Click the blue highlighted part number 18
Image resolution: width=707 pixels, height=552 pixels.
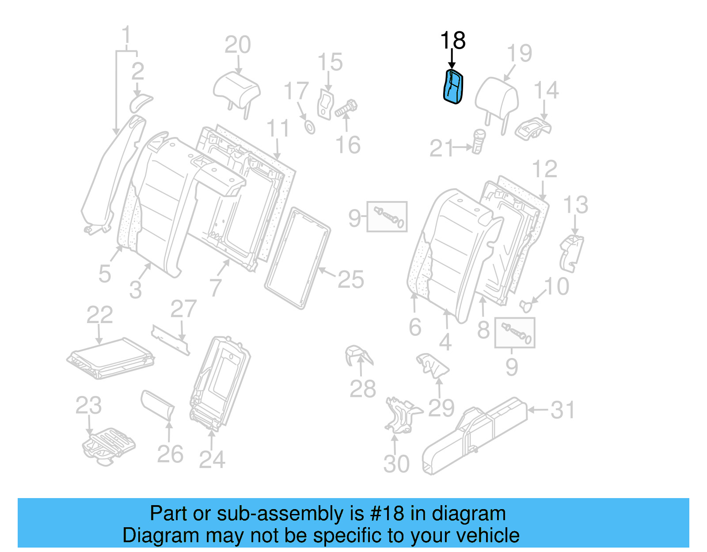click(453, 87)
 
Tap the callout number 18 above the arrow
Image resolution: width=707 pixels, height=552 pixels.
click(453, 41)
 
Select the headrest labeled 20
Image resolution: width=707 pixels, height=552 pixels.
click(236, 88)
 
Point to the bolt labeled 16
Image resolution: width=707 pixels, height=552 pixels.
click(346, 108)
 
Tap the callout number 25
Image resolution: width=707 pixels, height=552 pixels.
click(351, 279)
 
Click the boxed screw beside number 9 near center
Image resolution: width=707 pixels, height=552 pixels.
click(388, 217)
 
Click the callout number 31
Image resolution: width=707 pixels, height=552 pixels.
click(563, 410)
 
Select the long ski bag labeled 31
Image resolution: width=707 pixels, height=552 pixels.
click(475, 435)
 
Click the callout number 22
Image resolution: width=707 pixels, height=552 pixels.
click(99, 315)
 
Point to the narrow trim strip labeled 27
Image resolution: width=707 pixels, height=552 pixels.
click(171, 340)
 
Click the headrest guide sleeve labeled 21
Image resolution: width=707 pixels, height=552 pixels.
click(478, 141)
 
